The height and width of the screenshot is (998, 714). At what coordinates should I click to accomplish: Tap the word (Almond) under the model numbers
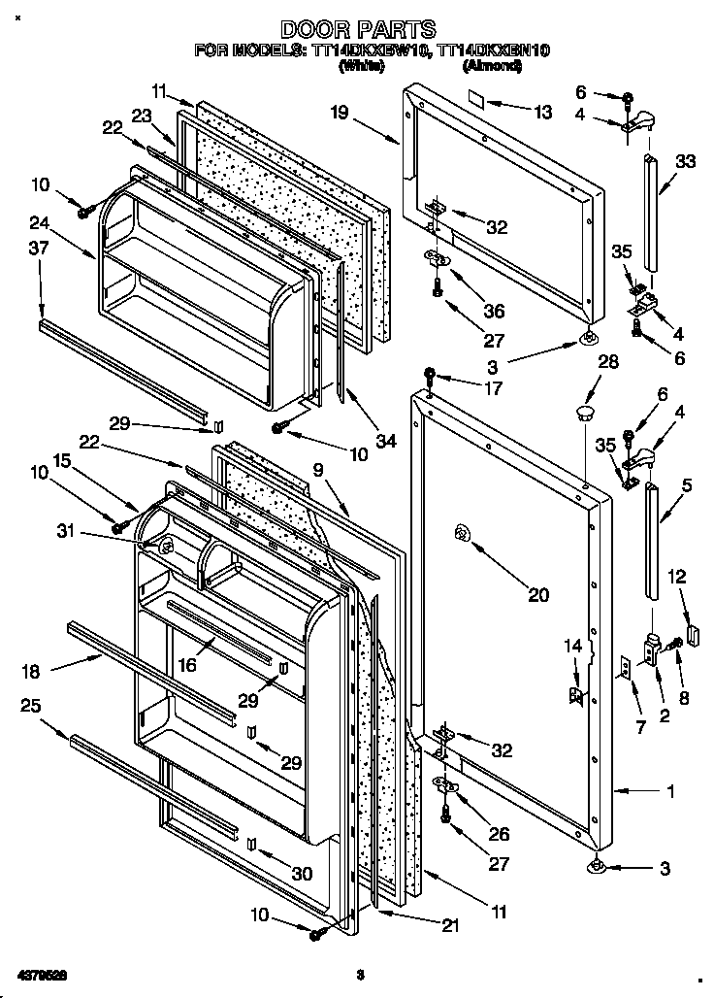tap(494, 66)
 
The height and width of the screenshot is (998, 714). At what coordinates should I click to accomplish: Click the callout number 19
tap(339, 113)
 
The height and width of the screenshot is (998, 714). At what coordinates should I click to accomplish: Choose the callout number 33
tap(685, 162)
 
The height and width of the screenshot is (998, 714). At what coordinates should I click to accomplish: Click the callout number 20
tap(538, 595)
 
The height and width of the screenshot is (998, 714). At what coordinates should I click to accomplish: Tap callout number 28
tap(581, 361)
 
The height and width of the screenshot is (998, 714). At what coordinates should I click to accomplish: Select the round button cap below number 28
tap(584, 415)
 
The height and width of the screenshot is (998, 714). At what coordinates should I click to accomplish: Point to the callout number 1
tap(669, 791)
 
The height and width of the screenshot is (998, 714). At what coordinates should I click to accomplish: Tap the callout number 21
tap(448, 926)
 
